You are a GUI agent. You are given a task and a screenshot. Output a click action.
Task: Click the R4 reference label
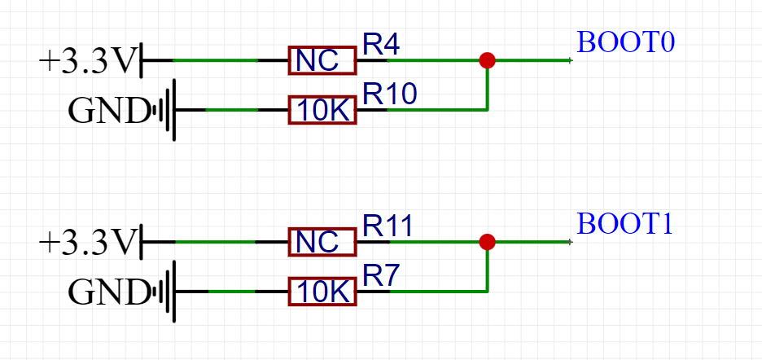click(380, 45)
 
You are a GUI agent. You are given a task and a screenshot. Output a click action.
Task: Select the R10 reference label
click(389, 94)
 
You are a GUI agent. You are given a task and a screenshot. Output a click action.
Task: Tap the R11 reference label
click(388, 226)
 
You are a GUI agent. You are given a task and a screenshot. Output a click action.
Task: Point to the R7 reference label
click(380, 276)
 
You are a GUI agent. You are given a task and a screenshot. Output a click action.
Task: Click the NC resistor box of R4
click(322, 61)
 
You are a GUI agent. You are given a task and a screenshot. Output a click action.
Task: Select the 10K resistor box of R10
click(322, 110)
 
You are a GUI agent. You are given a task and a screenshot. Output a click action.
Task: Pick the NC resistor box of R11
click(322, 242)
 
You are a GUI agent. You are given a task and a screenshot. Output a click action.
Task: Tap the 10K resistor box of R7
click(322, 291)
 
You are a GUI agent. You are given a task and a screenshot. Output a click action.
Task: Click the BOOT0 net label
click(626, 42)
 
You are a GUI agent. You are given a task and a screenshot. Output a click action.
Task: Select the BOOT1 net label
click(624, 224)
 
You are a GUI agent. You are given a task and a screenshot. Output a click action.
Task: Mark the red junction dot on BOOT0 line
click(487, 60)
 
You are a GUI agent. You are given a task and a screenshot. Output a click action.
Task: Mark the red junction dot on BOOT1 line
click(487, 242)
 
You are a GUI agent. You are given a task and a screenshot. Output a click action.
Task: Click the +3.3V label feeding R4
click(86, 61)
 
